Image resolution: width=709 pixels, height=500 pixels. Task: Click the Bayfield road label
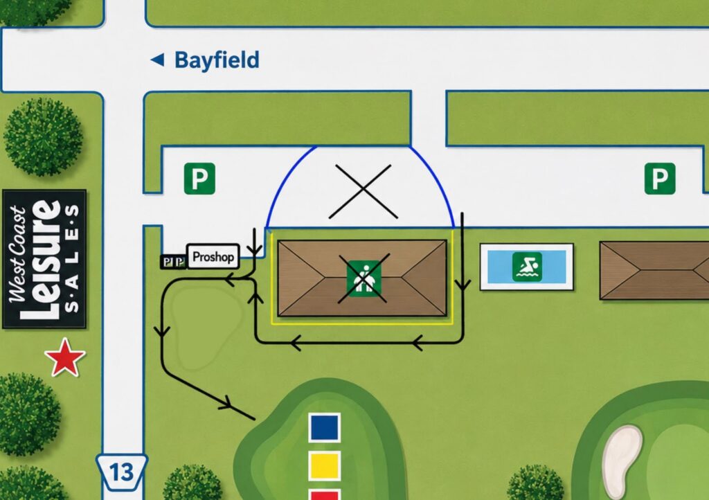click(x=217, y=60)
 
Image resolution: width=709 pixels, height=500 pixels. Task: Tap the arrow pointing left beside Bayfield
click(x=157, y=60)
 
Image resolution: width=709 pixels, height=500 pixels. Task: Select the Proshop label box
click(x=213, y=257)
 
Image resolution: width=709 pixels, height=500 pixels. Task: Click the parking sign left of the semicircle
click(x=199, y=179)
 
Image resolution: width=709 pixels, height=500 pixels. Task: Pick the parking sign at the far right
click(x=660, y=179)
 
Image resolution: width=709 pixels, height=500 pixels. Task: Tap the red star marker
click(x=65, y=357)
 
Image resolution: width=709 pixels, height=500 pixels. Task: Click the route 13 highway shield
click(x=121, y=472)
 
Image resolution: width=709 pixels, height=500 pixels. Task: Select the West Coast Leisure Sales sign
click(x=44, y=259)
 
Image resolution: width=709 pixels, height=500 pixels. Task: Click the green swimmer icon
click(x=527, y=267)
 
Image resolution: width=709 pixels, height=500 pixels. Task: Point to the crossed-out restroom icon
click(x=364, y=278)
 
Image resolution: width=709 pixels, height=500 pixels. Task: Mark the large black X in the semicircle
click(x=363, y=192)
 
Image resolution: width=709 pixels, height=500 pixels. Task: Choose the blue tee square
click(x=325, y=427)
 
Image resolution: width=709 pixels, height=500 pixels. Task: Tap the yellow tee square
click(x=325, y=466)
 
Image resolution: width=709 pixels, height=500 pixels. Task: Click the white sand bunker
click(x=622, y=461)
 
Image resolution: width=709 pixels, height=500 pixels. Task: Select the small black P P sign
click(x=173, y=262)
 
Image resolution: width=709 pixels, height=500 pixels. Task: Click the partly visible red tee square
click(x=325, y=494)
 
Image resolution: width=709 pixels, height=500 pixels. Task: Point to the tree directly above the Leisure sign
click(x=44, y=136)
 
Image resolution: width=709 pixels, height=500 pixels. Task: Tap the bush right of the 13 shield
click(x=192, y=483)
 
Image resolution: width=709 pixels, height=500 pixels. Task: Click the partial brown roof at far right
click(x=654, y=270)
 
